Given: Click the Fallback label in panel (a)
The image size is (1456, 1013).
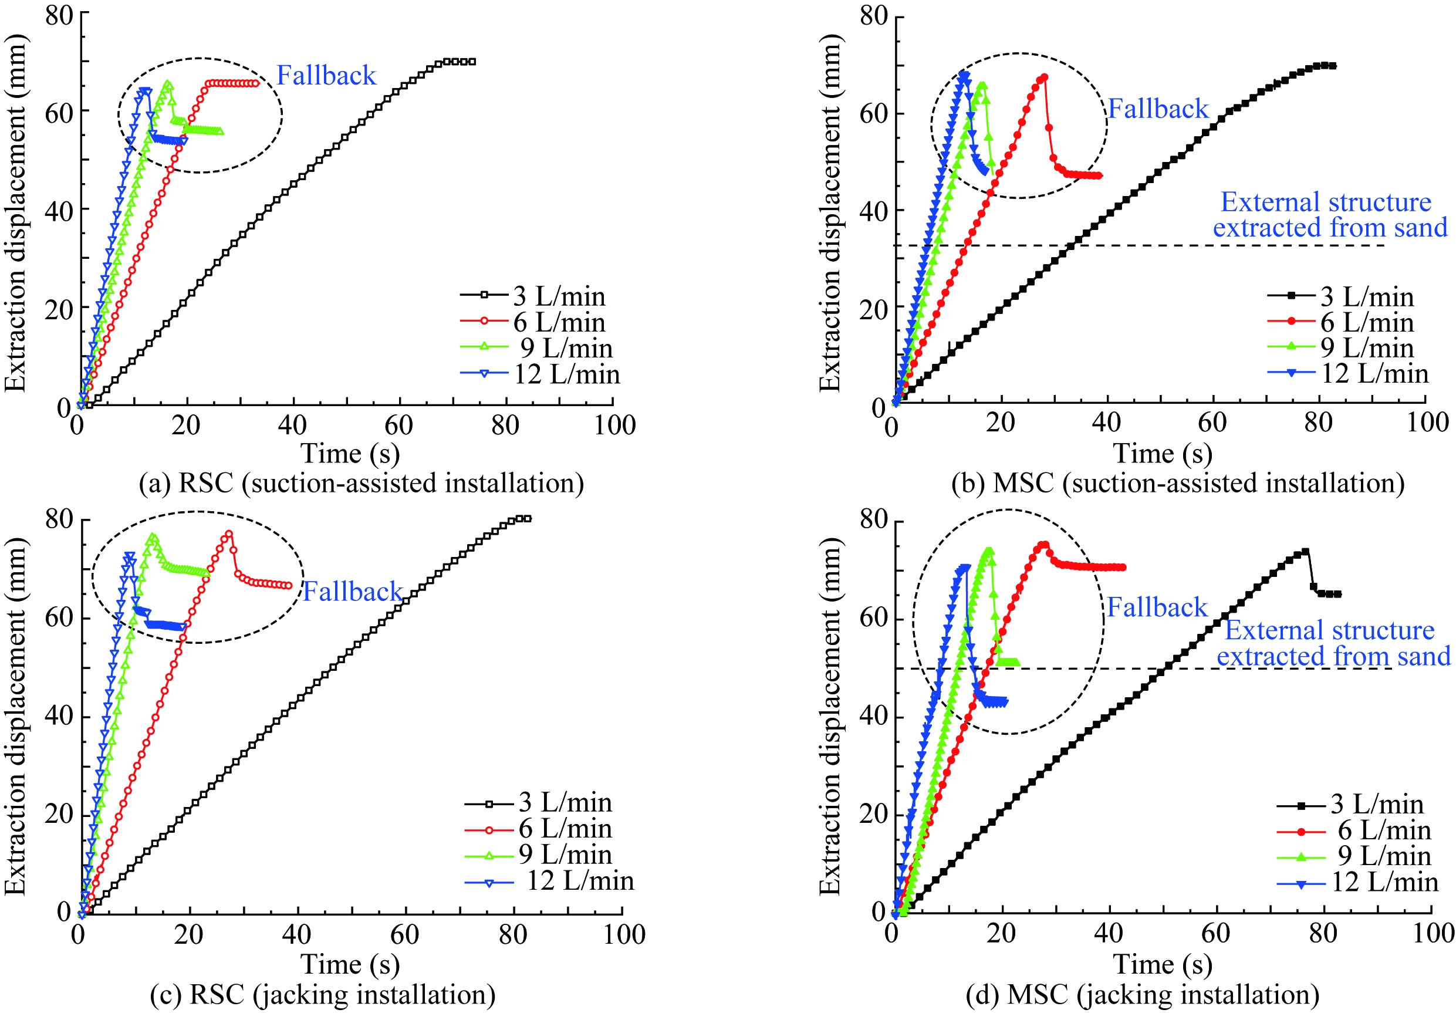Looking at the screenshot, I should [326, 76].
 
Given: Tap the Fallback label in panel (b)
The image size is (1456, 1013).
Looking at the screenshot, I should [1158, 109].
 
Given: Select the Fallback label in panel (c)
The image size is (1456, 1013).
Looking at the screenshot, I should [352, 592].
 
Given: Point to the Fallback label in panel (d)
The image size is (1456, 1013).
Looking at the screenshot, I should [1157, 607].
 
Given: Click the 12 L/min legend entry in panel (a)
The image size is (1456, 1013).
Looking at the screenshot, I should [566, 374].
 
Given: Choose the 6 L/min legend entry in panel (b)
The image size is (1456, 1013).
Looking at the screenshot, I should [1367, 322].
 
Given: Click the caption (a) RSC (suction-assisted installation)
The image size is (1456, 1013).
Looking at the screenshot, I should [362, 484].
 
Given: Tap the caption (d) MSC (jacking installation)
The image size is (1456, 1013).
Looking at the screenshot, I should [1142, 994].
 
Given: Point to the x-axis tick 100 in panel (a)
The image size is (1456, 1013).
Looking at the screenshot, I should [614, 425].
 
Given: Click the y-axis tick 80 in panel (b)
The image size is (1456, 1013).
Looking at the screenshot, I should [874, 16].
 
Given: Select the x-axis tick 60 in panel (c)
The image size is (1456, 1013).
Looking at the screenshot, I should [404, 934].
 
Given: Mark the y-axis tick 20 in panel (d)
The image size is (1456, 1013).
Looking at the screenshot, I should [874, 814].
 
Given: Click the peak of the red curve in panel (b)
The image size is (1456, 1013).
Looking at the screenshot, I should [1044, 77].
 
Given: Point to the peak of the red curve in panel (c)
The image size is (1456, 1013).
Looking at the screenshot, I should [229, 533].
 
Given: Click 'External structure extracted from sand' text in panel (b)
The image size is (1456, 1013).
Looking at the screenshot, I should [1330, 215].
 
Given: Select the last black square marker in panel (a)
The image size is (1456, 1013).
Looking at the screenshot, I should [472, 62].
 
